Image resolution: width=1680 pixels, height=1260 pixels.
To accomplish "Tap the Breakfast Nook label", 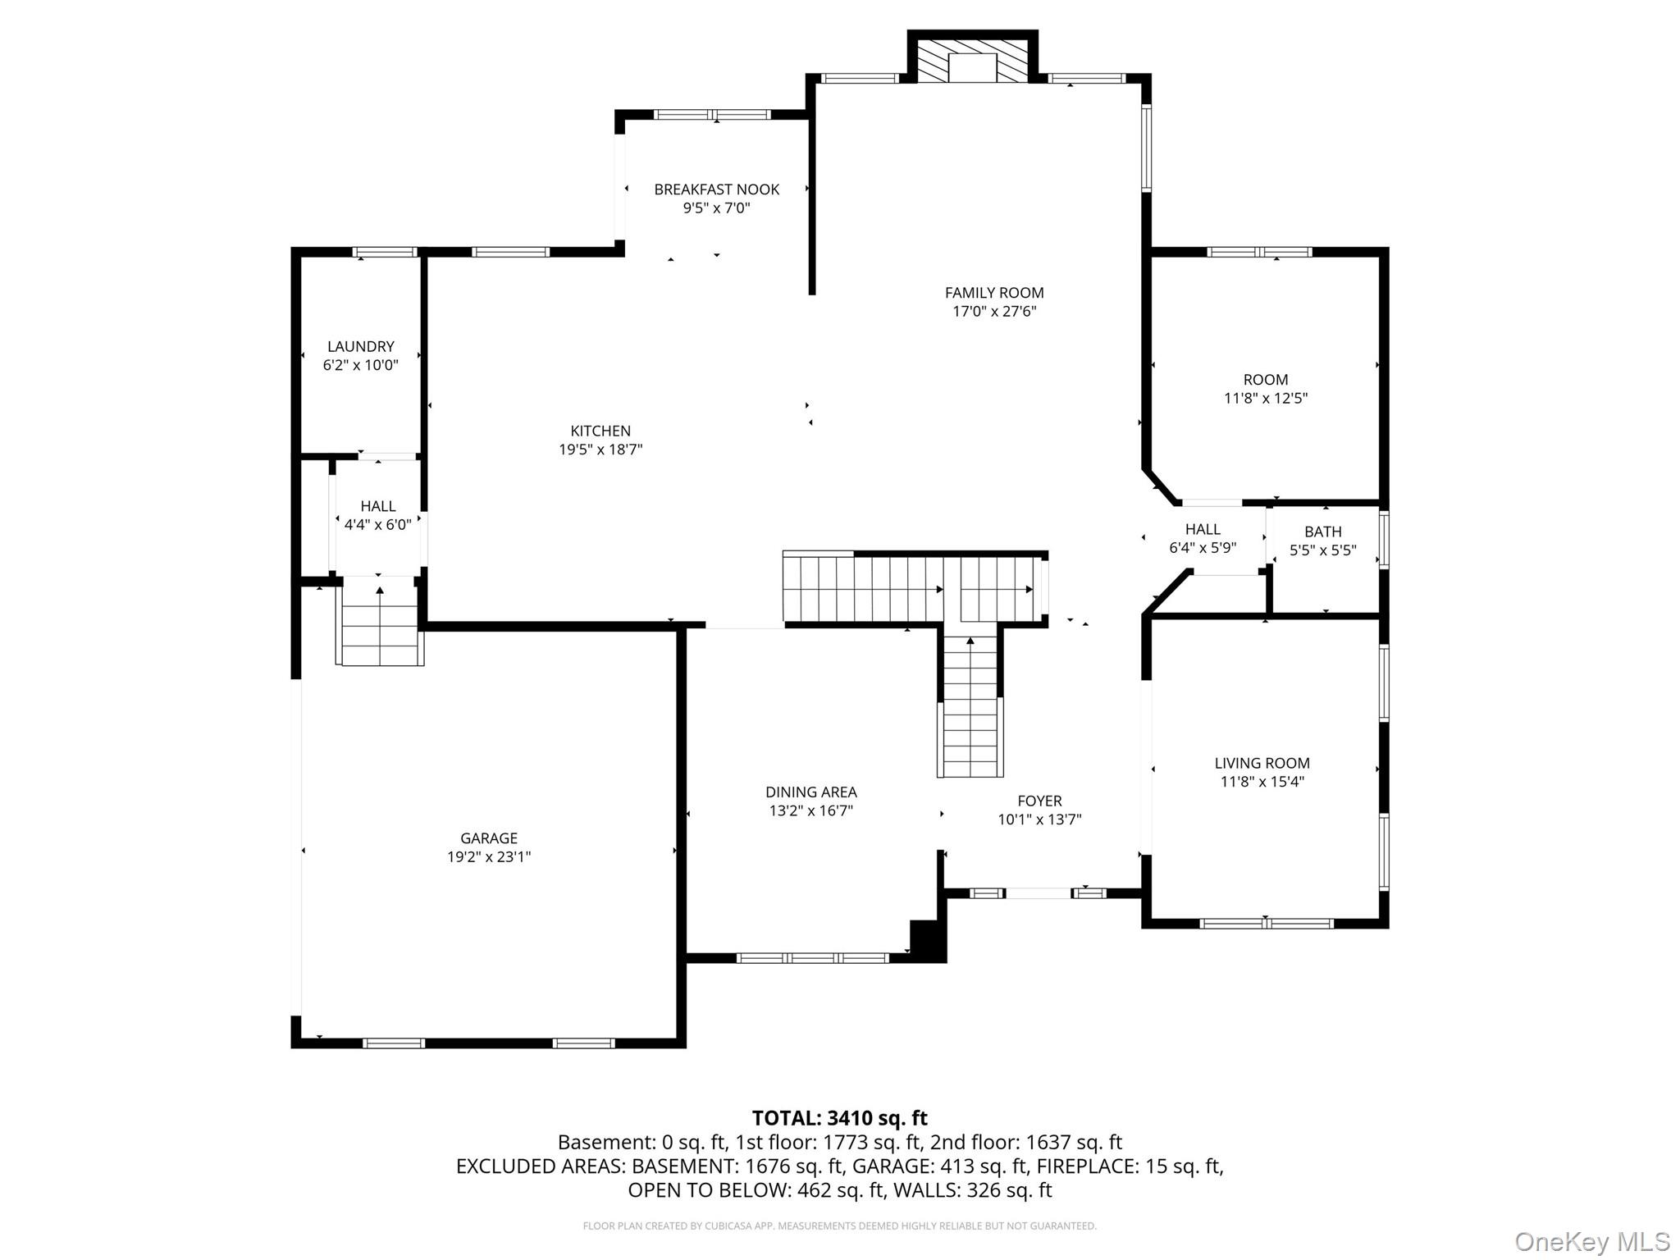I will point(716,189).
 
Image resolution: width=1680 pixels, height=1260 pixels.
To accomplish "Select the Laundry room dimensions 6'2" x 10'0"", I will point(361,365).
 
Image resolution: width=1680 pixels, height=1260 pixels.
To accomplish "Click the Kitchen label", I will point(600,431).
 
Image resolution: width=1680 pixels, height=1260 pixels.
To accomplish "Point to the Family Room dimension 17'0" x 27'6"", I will point(994,312).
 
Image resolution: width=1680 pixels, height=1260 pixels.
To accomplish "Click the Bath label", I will point(1322,532).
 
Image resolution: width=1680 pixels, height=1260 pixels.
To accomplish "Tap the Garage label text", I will point(489,838).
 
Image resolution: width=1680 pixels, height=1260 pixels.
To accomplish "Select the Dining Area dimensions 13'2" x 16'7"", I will point(810,811).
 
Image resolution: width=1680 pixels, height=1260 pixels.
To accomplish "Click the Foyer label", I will point(1039,801).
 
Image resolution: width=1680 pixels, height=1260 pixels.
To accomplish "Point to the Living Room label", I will point(1262,763).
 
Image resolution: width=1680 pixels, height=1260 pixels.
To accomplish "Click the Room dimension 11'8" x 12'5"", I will point(1265,399).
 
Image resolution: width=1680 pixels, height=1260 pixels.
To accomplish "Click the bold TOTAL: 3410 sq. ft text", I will point(839,1118).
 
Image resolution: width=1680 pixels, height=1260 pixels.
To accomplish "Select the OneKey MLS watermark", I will point(1591,1241).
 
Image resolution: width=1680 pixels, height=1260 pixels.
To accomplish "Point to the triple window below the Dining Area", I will point(812,957).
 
